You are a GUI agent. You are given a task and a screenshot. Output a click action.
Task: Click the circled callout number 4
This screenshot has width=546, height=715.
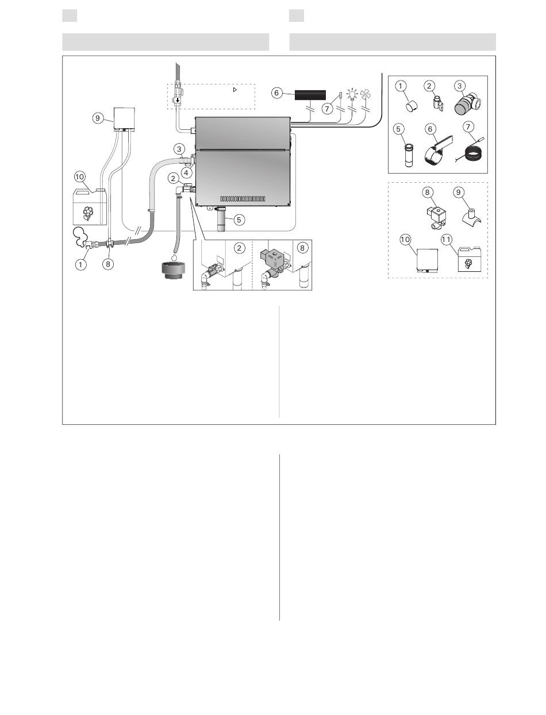(x=186, y=172)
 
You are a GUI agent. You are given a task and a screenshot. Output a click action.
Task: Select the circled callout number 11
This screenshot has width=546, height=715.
(x=447, y=240)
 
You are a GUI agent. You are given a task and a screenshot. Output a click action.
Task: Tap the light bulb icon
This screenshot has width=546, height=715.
(x=352, y=94)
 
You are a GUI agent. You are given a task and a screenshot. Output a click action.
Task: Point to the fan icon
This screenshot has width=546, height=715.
(x=366, y=94)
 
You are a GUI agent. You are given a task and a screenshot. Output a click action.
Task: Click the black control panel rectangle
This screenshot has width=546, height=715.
(x=310, y=95)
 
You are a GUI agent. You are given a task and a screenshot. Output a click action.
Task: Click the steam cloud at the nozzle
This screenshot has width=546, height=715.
(x=80, y=236)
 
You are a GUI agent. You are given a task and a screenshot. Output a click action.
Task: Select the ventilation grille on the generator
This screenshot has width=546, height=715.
(x=243, y=199)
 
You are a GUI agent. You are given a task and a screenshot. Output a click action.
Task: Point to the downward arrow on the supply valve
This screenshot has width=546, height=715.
(x=178, y=100)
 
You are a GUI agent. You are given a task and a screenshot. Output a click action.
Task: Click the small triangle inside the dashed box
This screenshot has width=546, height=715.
(x=235, y=90)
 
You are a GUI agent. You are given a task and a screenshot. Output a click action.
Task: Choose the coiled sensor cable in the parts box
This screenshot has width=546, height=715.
(x=471, y=153)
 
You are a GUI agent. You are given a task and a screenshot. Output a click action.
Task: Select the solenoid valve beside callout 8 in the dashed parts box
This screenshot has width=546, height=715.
(x=436, y=218)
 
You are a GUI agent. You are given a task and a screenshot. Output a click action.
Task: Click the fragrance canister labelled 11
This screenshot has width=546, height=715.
(x=468, y=259)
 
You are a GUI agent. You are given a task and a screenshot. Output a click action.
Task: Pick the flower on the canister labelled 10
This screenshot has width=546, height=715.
(x=87, y=213)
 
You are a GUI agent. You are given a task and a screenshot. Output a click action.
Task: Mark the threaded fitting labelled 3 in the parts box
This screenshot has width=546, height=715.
(x=467, y=104)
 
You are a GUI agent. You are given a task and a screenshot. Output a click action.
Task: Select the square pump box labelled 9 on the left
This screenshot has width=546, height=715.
(x=124, y=119)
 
